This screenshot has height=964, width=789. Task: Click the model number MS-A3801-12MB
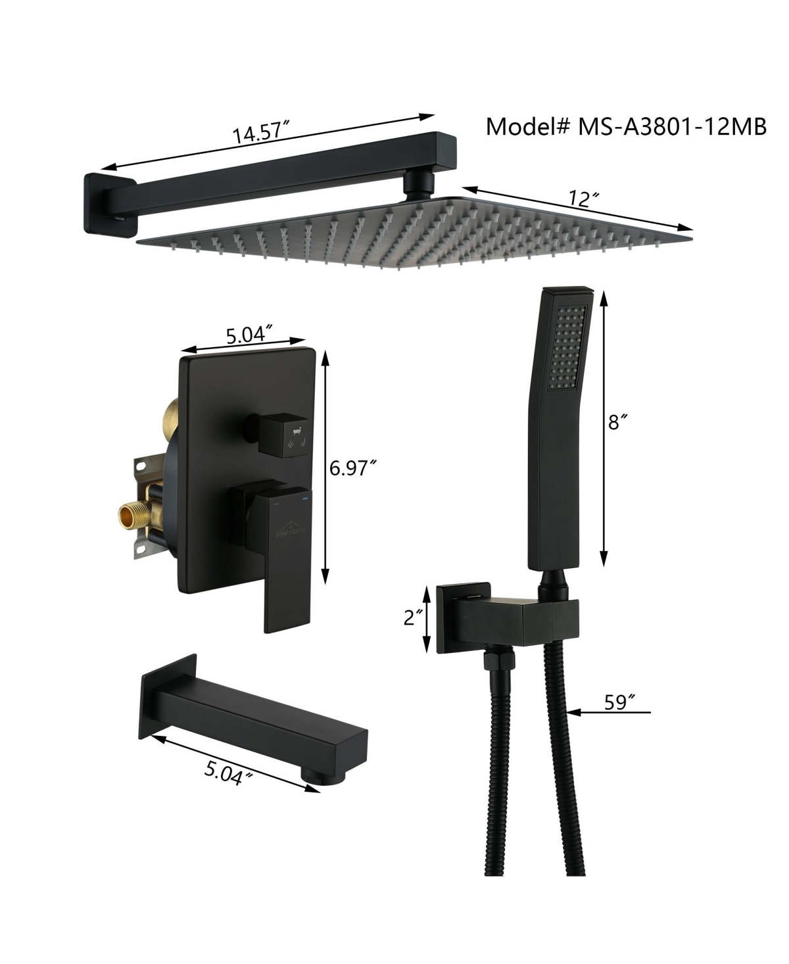tap(672, 127)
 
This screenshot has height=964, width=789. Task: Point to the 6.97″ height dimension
tap(353, 468)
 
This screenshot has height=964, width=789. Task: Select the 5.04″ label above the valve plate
tap(250, 335)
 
